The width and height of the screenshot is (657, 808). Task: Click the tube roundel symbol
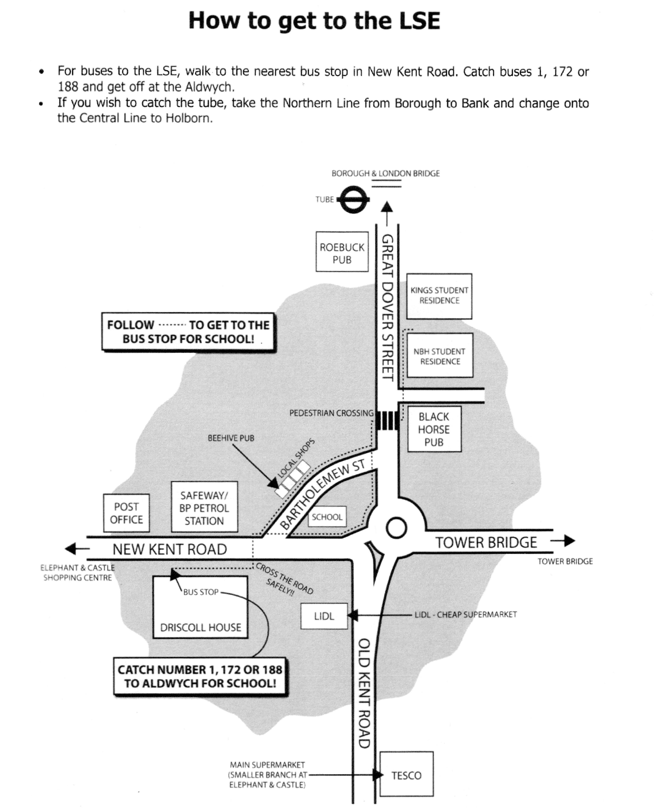pyautogui.click(x=353, y=199)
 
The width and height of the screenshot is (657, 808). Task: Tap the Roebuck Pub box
pyautogui.click(x=342, y=252)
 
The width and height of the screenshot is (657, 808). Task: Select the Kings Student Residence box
pyautogui.click(x=439, y=296)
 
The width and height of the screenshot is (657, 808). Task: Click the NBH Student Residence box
pyautogui.click(x=440, y=355)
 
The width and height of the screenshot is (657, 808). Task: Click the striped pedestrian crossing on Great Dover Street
pyautogui.click(x=387, y=420)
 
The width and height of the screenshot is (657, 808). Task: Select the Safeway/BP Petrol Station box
pyautogui.click(x=204, y=507)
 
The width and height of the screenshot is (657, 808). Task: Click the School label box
pyautogui.click(x=327, y=517)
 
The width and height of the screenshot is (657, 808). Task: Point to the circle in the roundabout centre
pyautogui.click(x=396, y=528)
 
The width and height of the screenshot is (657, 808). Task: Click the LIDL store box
pyautogui.click(x=324, y=616)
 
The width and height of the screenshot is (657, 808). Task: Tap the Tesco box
pyautogui.click(x=406, y=775)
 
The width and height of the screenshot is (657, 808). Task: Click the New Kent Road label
pyautogui.click(x=170, y=549)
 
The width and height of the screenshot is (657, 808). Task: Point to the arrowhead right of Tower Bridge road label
pyautogui.click(x=569, y=541)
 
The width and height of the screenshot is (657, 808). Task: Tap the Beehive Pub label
pyautogui.click(x=231, y=438)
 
